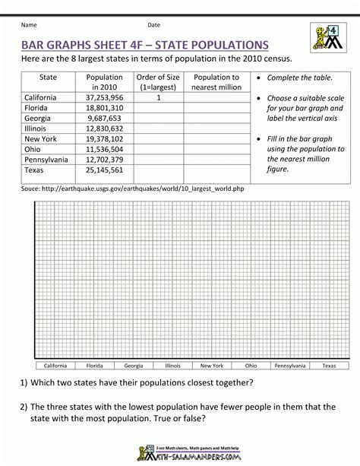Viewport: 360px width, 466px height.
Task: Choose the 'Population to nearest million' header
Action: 216,82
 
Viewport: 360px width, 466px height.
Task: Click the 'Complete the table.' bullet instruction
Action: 300,78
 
